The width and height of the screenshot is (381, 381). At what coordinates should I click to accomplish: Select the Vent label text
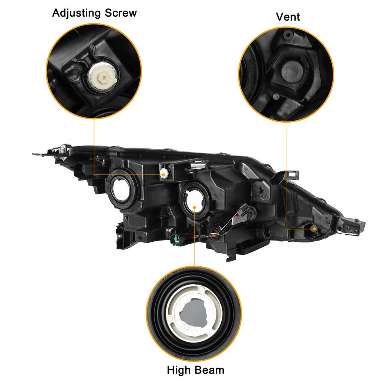(x=288, y=17)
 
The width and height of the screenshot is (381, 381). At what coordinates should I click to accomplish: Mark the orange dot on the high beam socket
(x=194, y=206)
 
